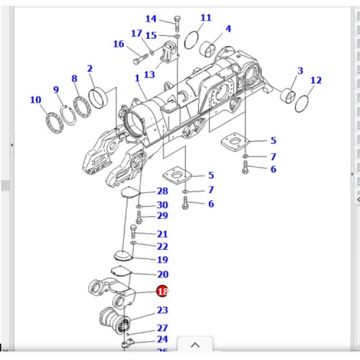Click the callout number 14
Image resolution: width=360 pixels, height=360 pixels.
(150, 19)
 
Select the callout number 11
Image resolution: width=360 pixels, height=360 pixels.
(206, 17)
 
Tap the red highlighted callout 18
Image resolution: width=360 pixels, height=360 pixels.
(162, 292)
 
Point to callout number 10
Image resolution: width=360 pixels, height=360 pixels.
(35, 99)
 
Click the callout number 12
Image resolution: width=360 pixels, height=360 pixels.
(315, 80)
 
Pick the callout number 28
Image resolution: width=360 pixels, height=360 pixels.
(162, 191)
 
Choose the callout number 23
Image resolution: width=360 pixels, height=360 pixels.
(162, 310)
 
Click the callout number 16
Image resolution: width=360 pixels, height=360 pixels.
(119, 44)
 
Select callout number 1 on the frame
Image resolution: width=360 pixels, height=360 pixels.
(137, 77)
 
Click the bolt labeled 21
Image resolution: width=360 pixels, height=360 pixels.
(133, 232)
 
